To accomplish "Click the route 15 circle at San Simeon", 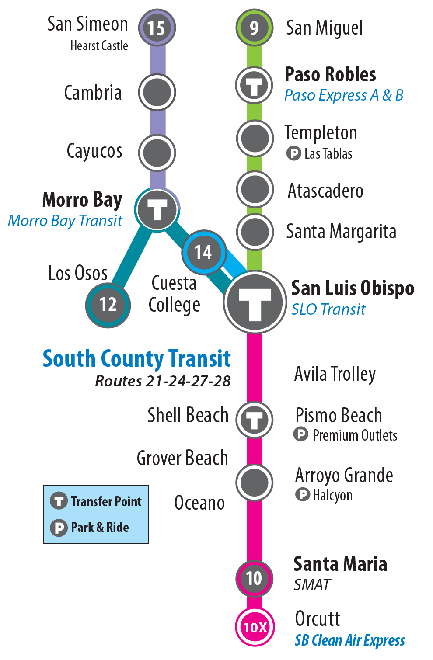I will pyautogui.click(x=157, y=28).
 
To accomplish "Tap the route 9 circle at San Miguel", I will pyautogui.click(x=254, y=28).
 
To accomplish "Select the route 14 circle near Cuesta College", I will pyautogui.click(x=203, y=252).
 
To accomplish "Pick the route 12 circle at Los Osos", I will pyautogui.click(x=108, y=305).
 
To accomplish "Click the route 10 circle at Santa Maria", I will pyautogui.click(x=254, y=578).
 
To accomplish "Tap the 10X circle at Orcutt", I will pyautogui.click(x=255, y=627).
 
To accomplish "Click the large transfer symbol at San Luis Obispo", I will pyautogui.click(x=255, y=302).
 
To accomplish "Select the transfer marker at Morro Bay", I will pyautogui.click(x=157, y=210).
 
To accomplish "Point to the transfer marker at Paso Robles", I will pyautogui.click(x=254, y=85).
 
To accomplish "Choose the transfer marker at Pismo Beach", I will pyautogui.click(x=254, y=420).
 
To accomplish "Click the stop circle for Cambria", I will pyautogui.click(x=157, y=92).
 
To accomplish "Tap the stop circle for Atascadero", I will pyautogui.click(x=255, y=189).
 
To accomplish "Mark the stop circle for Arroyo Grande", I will pyautogui.click(x=254, y=483).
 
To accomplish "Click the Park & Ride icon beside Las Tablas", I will pyautogui.click(x=293, y=153).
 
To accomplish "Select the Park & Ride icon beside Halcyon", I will pyautogui.click(x=302, y=495).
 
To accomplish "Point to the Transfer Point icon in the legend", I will pyautogui.click(x=58, y=501).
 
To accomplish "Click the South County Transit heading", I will pyautogui.click(x=136, y=359).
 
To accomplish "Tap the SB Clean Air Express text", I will pyautogui.click(x=349, y=640).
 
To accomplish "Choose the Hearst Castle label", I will pyautogui.click(x=99, y=46).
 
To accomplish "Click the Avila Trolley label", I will pyautogui.click(x=335, y=374).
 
